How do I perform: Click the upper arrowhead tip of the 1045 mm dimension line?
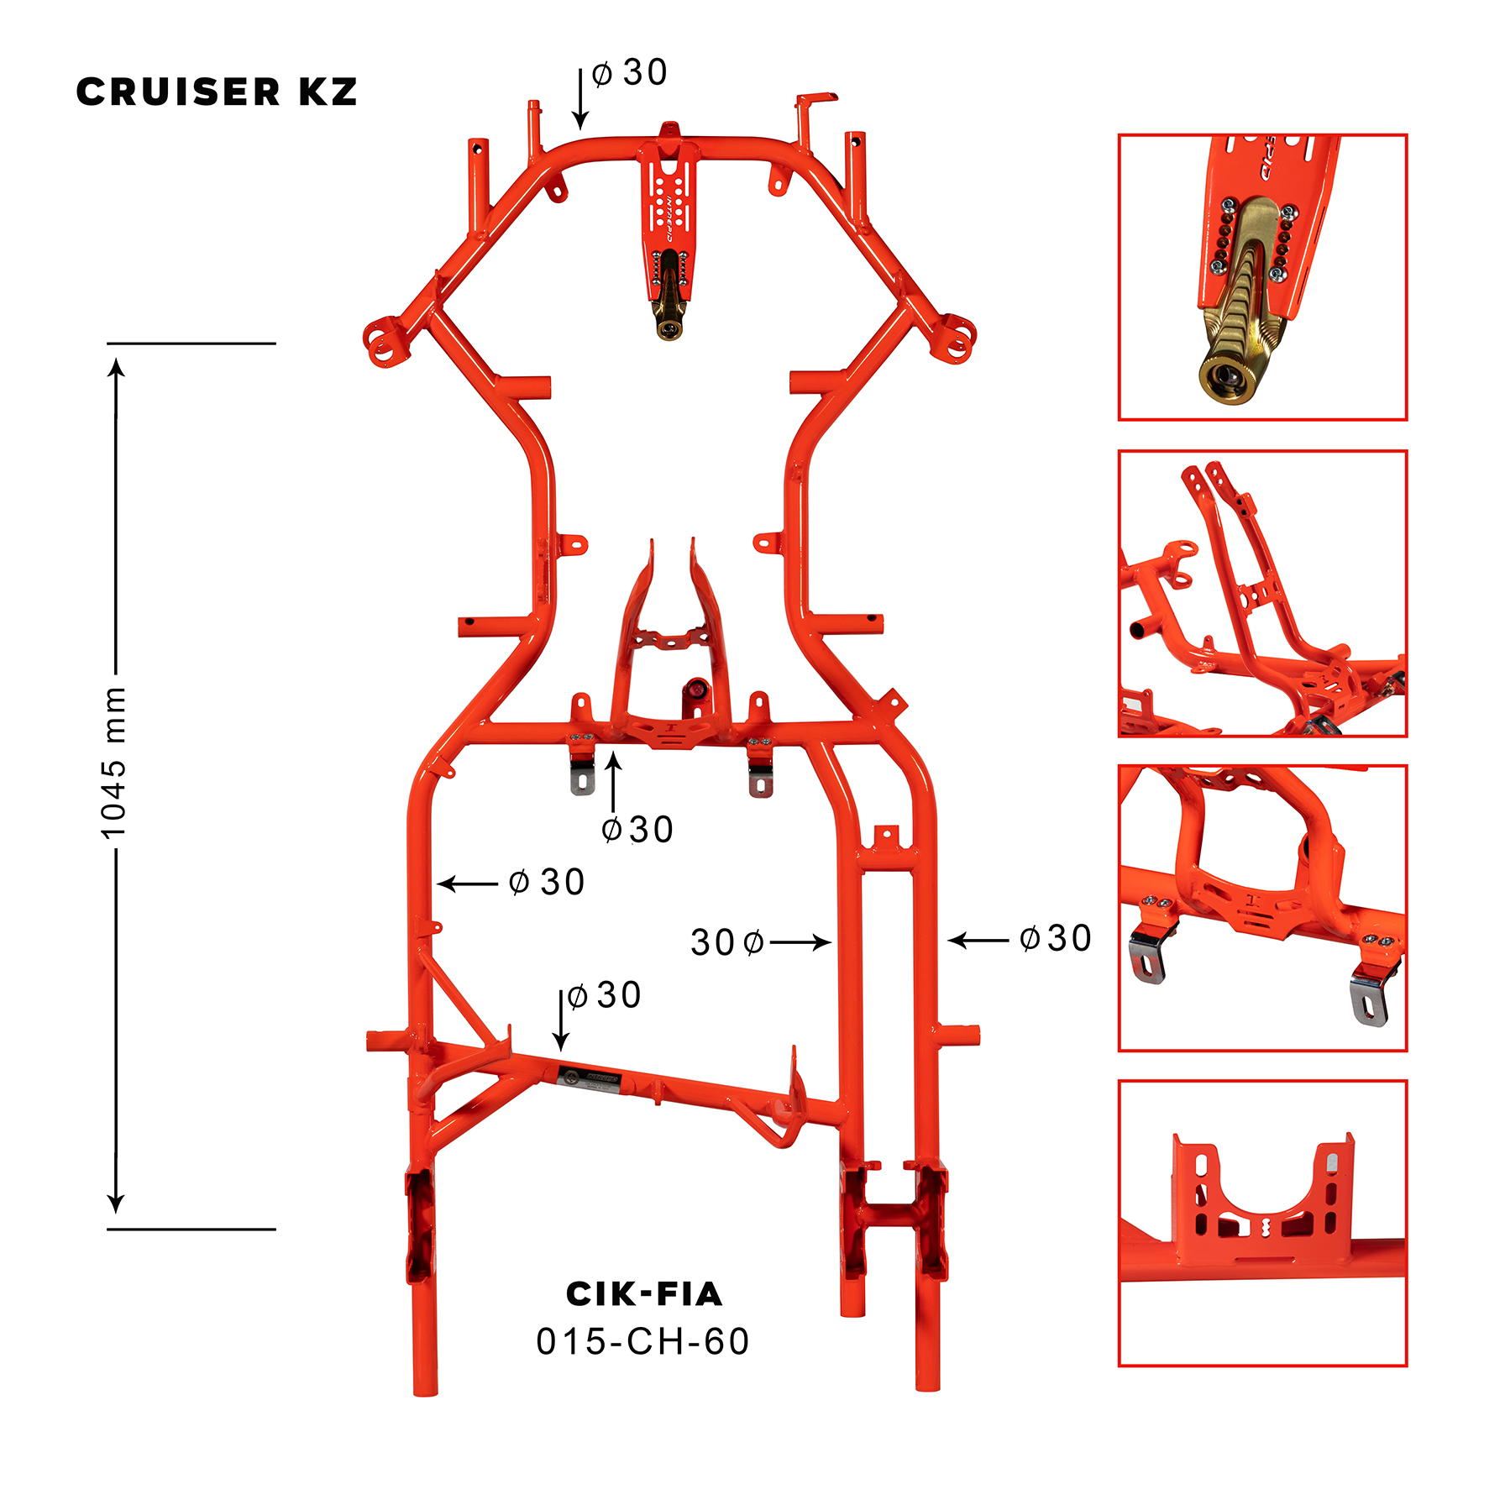click(117, 359)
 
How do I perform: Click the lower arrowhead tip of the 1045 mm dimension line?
click(117, 1214)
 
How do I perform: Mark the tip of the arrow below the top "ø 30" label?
click(579, 130)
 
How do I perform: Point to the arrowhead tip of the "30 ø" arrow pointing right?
click(831, 943)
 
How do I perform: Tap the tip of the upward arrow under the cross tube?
click(614, 752)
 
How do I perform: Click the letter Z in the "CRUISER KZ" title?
click(344, 92)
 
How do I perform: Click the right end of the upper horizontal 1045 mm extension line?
click(275, 343)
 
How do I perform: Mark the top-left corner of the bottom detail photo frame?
click(1119, 1081)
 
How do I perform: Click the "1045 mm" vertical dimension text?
click(113, 763)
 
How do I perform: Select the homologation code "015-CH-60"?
click(642, 1341)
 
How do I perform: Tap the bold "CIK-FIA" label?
click(644, 1294)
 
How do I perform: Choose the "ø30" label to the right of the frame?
click(1055, 938)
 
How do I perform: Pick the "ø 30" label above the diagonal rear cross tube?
click(604, 995)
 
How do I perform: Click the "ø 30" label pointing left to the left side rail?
click(547, 883)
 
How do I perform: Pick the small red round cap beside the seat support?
click(696, 690)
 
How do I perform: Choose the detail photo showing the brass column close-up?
click(1262, 277)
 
